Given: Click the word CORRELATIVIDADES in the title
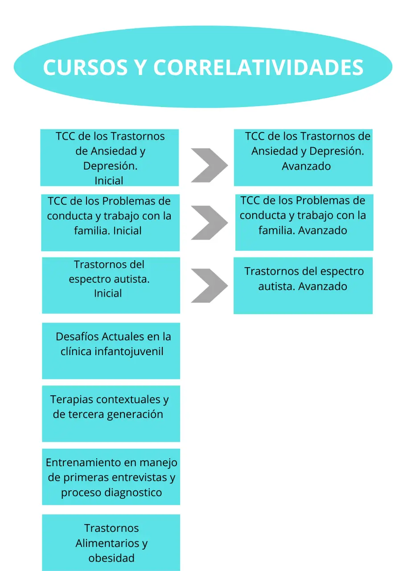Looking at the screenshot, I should click(258, 68).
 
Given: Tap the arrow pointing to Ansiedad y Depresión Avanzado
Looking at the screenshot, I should click(209, 166).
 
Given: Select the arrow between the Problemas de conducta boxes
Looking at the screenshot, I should click(209, 223).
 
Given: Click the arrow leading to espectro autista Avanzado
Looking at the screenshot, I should click(209, 285).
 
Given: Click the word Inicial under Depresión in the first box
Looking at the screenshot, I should click(109, 181).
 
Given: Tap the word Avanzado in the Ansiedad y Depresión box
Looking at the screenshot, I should click(306, 166).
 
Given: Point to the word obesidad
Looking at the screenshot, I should click(111, 558).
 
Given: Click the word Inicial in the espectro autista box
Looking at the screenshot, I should click(108, 294).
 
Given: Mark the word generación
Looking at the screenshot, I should click(135, 414).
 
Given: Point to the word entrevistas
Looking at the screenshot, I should click(140, 478).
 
